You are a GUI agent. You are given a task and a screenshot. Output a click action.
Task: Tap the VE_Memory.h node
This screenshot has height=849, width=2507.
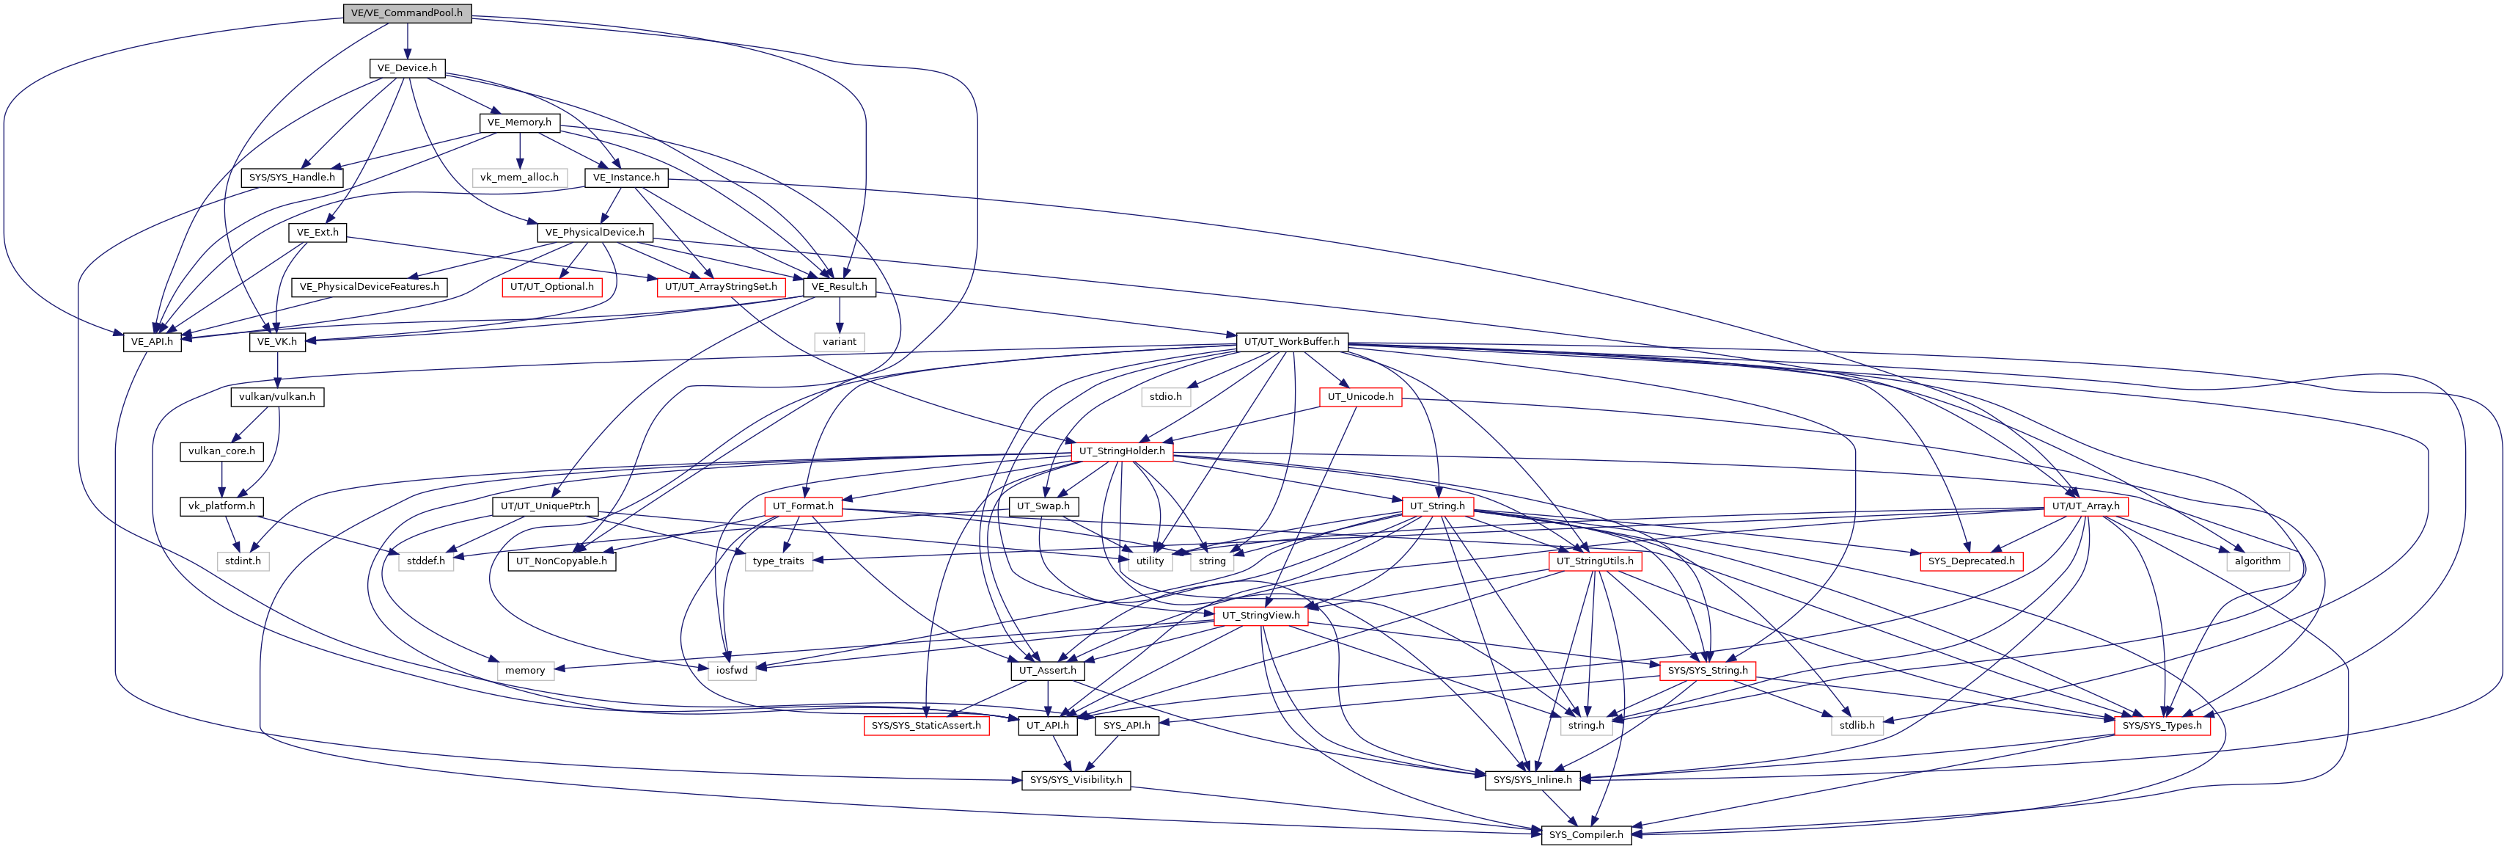[520, 123]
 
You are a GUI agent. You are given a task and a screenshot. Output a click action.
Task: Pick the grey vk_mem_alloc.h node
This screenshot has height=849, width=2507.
[520, 177]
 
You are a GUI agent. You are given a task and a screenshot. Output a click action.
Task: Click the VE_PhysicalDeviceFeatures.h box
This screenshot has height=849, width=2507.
[369, 287]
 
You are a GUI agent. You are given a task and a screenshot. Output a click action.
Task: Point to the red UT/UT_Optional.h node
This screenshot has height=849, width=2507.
[552, 287]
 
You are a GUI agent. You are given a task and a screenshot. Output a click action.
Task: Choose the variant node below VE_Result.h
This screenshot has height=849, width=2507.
[839, 342]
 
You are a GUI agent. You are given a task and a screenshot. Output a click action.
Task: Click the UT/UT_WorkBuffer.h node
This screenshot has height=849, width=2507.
[1291, 342]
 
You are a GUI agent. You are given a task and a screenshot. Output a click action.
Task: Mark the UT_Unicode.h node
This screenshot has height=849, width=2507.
[1360, 397]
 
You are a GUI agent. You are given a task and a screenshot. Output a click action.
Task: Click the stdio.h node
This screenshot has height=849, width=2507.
[1165, 397]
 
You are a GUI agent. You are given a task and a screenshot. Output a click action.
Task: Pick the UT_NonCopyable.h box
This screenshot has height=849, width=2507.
[562, 561]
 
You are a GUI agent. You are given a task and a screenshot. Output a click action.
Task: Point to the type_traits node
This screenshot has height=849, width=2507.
[779, 561]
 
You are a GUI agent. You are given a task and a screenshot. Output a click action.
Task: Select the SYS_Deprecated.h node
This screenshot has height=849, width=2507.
[1972, 561]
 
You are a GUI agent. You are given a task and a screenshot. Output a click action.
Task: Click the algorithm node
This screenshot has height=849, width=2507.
[2257, 561]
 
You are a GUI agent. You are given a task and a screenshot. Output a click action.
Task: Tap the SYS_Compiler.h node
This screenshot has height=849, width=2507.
[1586, 834]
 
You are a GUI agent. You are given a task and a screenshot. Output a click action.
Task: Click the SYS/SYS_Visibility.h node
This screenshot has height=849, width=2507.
[1076, 780]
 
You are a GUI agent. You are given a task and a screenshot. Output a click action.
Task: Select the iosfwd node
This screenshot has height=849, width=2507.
[732, 671]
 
